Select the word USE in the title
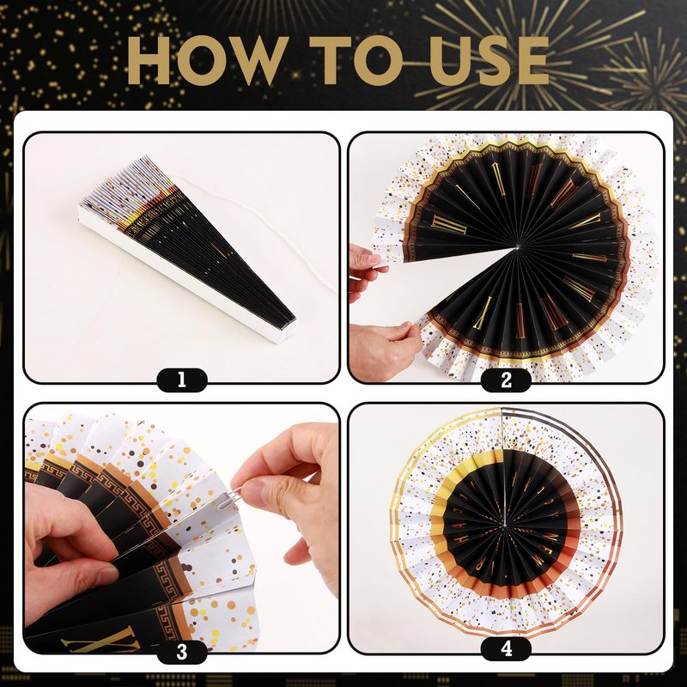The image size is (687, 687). point(489,60)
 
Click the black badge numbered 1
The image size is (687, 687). point(182,380)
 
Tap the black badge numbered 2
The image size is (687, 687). point(506,380)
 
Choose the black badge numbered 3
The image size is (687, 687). point(182,652)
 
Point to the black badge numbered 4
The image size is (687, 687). point(506,648)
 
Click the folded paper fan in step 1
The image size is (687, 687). point(186,247)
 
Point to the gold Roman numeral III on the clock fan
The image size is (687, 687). point(449,223)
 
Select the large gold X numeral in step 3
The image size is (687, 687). point(100,641)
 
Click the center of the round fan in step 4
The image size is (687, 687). point(504,525)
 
